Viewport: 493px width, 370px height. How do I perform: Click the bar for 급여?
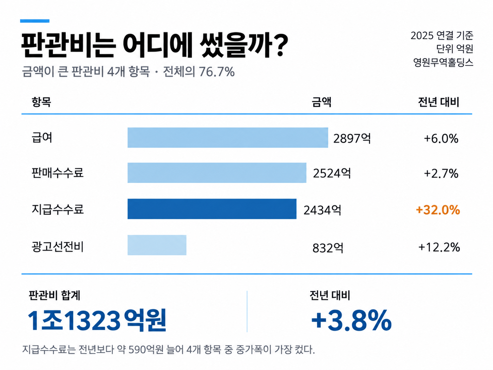click(228, 138)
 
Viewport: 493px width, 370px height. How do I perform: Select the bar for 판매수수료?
click(217, 173)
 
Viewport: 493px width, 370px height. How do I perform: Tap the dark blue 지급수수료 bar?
click(212, 209)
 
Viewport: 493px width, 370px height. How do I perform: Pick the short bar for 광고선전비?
click(157, 245)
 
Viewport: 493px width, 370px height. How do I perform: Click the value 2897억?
click(352, 138)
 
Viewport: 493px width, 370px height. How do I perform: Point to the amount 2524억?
click(332, 173)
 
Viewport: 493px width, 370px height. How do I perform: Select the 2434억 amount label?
click(322, 210)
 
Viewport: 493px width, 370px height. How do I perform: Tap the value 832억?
click(328, 248)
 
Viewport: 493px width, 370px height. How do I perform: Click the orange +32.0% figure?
click(438, 210)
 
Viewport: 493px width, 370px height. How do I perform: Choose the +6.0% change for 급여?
click(441, 138)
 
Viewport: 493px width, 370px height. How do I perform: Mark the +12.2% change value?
click(439, 247)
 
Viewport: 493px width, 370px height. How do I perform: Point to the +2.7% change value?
click(441, 173)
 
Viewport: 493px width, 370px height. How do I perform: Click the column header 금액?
click(321, 102)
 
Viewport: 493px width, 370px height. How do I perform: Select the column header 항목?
click(41, 102)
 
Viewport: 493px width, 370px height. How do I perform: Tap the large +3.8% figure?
click(351, 320)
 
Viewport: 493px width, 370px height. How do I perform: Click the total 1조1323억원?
click(97, 320)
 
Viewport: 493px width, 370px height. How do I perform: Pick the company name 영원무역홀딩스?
click(443, 62)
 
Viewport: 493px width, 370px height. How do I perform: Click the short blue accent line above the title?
click(35, 21)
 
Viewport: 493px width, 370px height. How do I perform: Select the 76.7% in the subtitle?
click(217, 72)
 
